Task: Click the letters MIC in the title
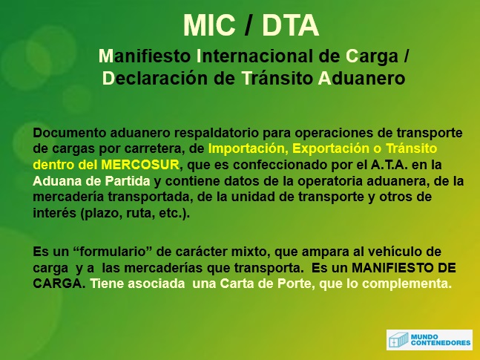pos(209,25)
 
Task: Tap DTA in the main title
pos(291,25)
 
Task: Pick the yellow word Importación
pos(248,149)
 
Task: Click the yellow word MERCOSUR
pos(140,165)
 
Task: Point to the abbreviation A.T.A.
pos(389,165)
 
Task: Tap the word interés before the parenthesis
pos(54,213)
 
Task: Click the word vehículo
pos(394,252)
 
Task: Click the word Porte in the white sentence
pos(294,284)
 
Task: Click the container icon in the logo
pos(398,340)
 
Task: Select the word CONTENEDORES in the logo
pos(441,343)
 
